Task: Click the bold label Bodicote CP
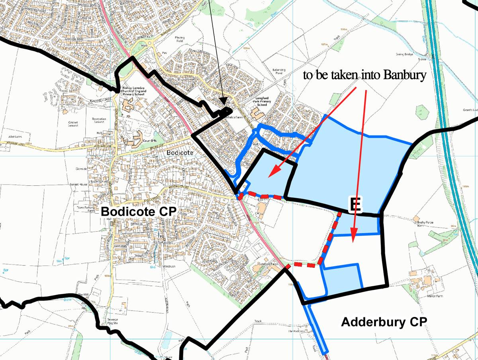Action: (138, 212)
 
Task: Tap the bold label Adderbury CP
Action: (384, 322)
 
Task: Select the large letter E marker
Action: (355, 205)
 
